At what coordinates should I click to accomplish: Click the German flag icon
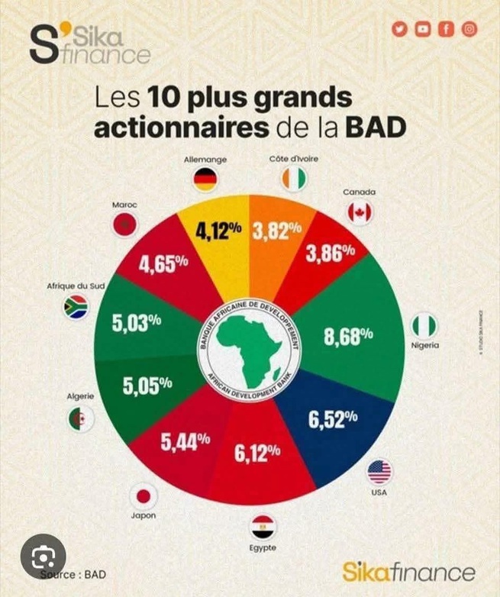tap(205, 180)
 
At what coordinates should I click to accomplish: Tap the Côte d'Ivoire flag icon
tap(292, 180)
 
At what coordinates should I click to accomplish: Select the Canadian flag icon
tap(360, 212)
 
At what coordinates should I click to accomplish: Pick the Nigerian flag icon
tap(424, 326)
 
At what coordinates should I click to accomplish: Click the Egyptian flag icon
tap(263, 527)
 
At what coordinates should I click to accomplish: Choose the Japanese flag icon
tap(143, 495)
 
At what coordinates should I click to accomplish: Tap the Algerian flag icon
tap(80, 418)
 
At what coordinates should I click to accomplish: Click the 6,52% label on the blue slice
tap(333, 418)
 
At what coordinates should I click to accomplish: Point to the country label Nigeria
tap(425, 347)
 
